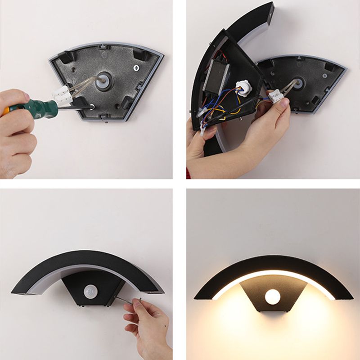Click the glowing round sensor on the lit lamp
[272, 296]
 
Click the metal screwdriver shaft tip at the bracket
[88, 107]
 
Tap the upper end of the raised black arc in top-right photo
[265, 11]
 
